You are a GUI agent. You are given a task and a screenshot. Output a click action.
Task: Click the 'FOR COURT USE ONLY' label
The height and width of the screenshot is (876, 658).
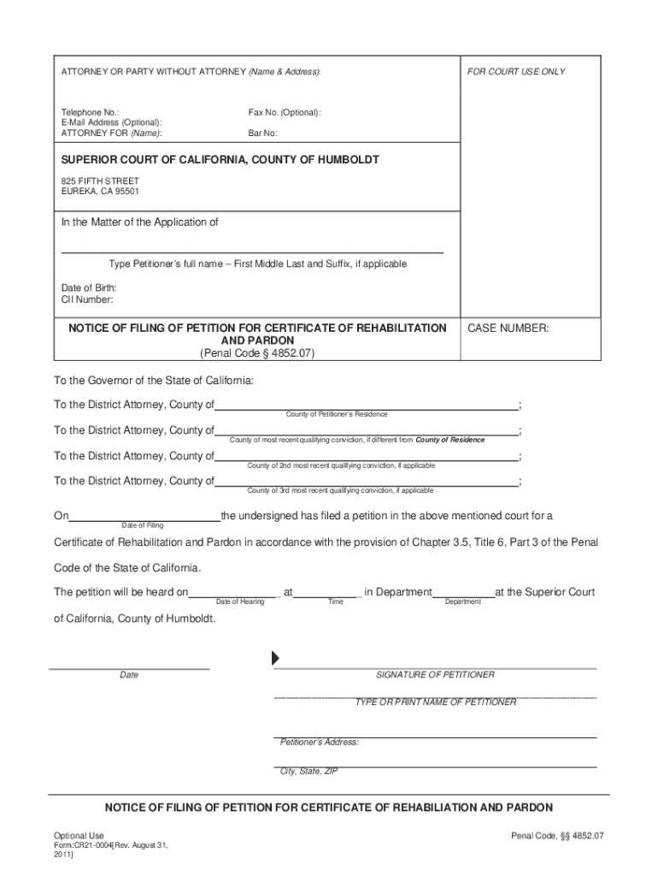coord(515,72)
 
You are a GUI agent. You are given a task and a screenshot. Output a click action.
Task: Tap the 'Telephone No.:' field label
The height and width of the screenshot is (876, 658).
coord(90,112)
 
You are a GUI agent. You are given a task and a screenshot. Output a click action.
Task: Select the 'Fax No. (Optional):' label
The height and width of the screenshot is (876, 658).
coord(285,112)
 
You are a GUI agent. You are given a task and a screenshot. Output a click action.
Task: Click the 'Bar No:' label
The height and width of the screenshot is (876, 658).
coord(262,133)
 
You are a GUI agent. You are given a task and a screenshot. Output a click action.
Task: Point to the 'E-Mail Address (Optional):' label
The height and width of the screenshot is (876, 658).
coord(111,122)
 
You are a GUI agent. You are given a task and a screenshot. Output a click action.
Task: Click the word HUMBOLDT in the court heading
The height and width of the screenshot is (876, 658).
coord(344,160)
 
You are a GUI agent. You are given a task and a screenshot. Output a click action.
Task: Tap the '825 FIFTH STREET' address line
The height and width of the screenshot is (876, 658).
coord(100,181)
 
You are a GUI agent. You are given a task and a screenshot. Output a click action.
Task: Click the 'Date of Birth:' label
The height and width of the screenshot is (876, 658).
coord(89,288)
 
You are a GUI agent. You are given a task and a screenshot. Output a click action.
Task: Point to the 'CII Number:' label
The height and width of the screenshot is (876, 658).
coord(86,299)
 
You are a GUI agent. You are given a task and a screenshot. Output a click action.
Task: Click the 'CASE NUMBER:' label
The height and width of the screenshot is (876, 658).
coord(507,328)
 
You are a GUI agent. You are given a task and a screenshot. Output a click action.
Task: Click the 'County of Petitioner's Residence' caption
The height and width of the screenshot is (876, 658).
coord(336,414)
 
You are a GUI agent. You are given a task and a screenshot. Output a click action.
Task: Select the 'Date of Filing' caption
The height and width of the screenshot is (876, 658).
coord(143,525)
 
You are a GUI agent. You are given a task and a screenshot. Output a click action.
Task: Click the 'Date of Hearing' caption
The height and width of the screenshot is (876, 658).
coord(240,602)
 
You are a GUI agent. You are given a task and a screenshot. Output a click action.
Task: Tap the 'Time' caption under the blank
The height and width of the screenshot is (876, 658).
coord(336,602)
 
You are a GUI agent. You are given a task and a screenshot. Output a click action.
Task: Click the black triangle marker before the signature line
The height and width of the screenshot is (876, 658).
coord(275,658)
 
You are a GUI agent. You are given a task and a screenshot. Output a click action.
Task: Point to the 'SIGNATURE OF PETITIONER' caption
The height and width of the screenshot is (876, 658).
coord(435,675)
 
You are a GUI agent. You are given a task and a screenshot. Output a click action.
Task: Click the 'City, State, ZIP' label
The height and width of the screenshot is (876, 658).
coord(309,771)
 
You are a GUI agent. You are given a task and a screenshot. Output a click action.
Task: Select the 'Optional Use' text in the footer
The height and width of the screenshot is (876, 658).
coord(79,835)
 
